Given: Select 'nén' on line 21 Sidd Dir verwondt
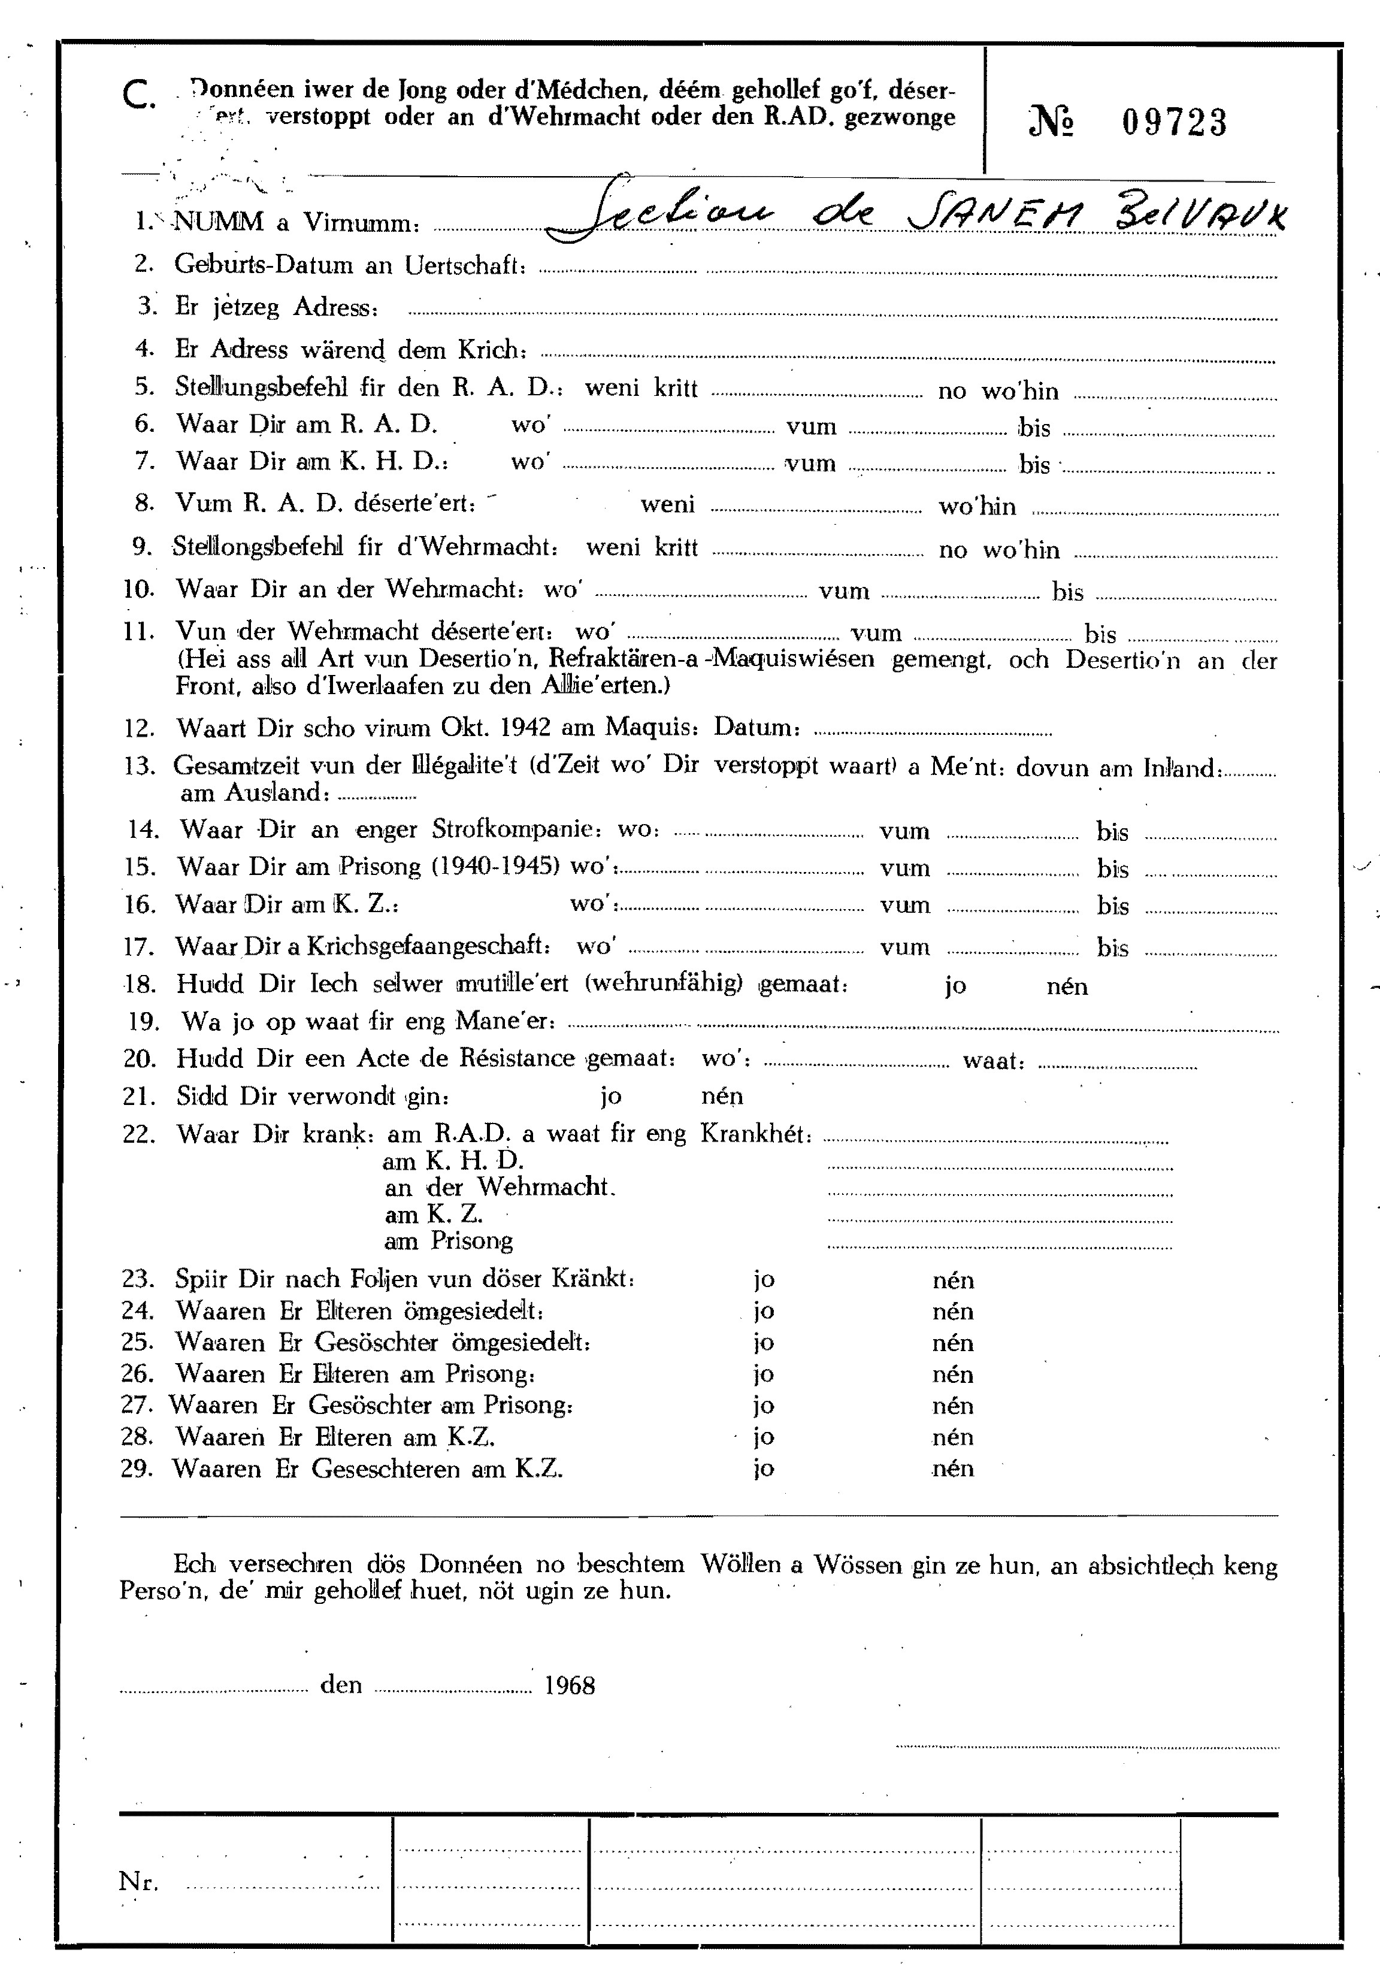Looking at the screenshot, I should [x=722, y=1096].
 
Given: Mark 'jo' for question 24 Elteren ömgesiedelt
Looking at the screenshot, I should [x=764, y=1312].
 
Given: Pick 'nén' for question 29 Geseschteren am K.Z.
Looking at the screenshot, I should [x=953, y=1469].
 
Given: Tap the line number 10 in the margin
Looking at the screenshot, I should [x=137, y=590].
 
